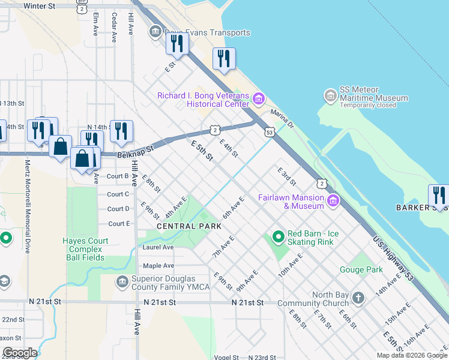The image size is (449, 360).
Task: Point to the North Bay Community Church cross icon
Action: (358, 298)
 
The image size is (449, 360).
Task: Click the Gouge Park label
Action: (361, 270)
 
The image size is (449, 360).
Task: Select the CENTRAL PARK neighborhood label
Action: (189, 226)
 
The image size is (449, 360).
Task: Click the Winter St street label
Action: (40, 6)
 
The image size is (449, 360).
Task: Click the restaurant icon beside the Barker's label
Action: (439, 196)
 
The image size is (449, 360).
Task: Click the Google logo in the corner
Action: (20, 353)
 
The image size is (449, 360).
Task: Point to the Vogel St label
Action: (226, 357)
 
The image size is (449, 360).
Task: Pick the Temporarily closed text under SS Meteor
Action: (368, 106)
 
